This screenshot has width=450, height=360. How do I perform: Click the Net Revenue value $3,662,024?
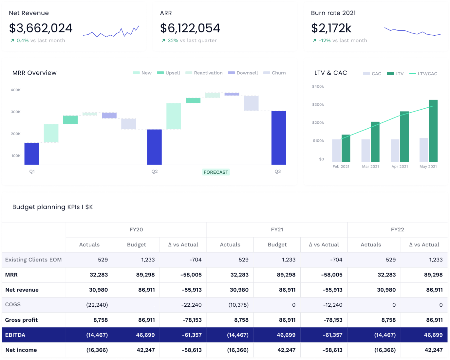(41, 28)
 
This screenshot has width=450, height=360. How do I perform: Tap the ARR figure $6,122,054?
(190, 28)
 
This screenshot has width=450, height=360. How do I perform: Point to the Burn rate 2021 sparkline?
(412, 32)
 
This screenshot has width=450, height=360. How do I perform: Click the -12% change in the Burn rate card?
(325, 41)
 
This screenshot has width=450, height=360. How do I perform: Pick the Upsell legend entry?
(169, 73)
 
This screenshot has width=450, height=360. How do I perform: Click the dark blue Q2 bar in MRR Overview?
(154, 147)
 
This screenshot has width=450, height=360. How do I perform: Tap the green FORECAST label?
(216, 172)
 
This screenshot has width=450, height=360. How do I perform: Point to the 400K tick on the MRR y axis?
(16, 90)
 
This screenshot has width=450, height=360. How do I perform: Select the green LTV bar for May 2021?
(433, 131)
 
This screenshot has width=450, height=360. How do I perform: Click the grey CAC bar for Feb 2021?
(336, 151)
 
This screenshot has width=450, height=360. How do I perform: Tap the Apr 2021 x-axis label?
(400, 167)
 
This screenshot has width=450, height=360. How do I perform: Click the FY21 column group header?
(277, 230)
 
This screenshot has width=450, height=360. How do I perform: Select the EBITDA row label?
(15, 335)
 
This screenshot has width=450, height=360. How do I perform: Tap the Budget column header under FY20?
(136, 245)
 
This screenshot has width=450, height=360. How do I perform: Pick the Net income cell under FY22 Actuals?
(385, 350)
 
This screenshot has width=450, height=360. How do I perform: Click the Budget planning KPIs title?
(52, 207)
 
